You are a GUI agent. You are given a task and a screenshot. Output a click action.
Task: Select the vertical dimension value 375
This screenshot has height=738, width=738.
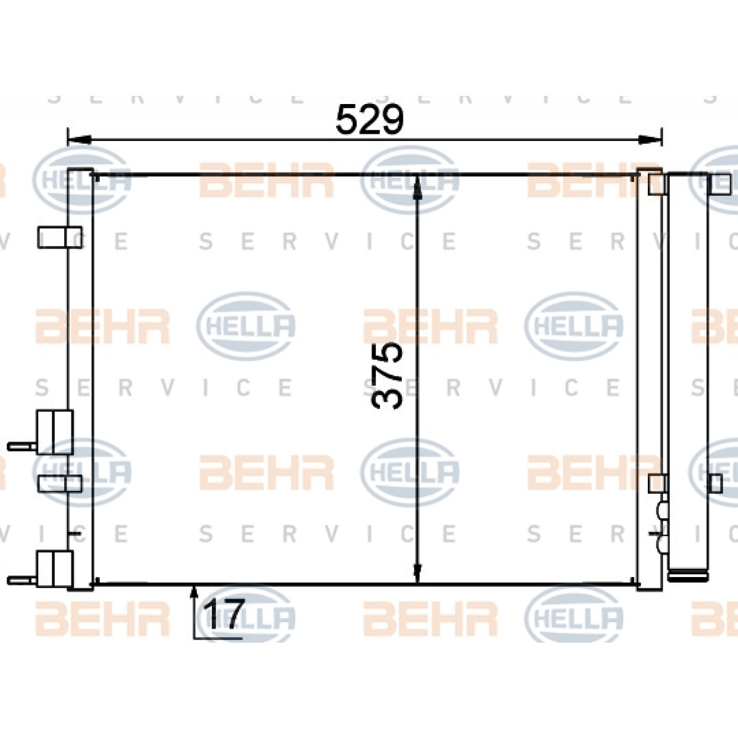click(x=387, y=375)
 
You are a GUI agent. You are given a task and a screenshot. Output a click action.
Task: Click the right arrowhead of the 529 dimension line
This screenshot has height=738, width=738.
click(x=650, y=140)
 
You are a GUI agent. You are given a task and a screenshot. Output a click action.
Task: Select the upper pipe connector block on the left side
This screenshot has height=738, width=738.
click(x=54, y=433)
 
